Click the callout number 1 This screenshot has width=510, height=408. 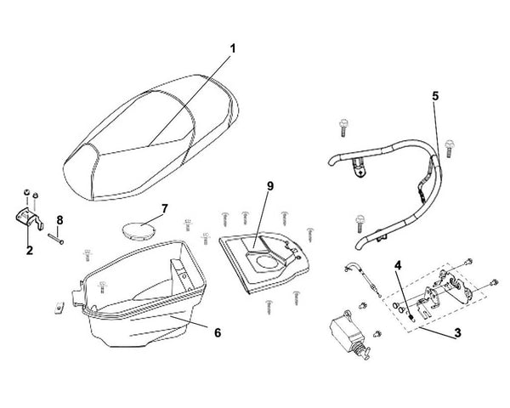tap(233, 48)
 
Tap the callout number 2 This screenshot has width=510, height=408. tap(30, 250)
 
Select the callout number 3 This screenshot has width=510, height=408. tap(457, 333)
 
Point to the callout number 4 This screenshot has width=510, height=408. tap(398, 265)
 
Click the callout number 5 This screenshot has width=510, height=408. tap(435, 96)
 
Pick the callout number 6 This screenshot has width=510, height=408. tap(218, 332)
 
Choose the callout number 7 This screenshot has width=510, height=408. tap(165, 209)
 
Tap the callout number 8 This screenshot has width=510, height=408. tap(59, 220)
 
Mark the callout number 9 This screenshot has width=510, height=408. tap(270, 186)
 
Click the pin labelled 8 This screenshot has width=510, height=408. tap(55, 239)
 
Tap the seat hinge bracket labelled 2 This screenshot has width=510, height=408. tap(29, 218)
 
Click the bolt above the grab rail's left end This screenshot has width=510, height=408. tap(343, 127)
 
